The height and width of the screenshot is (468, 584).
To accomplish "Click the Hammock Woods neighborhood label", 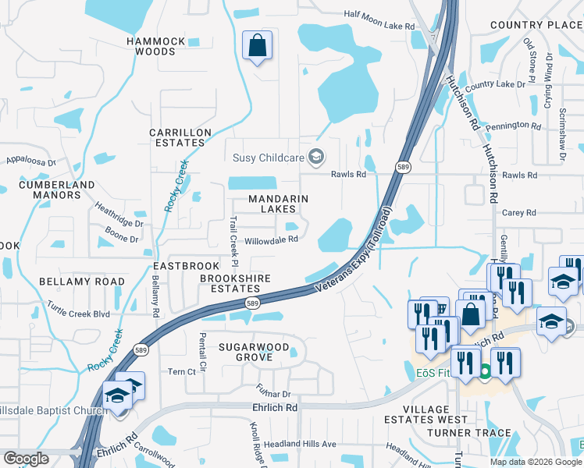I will pyautogui.click(x=156, y=46).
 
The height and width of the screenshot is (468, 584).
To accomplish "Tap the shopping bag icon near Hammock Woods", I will pyautogui.click(x=256, y=47).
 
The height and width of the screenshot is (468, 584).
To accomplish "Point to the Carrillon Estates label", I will pyautogui.click(x=180, y=138).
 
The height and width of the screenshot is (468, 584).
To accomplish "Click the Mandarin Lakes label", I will pyautogui.click(x=272, y=204).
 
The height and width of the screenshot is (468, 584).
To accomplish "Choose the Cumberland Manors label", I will pyautogui.click(x=63, y=190).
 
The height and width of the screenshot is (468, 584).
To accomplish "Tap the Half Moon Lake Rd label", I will pyautogui.click(x=379, y=27).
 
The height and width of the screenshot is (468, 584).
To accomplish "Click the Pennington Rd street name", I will pyautogui.click(x=513, y=126).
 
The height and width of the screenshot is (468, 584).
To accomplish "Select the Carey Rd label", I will pyautogui.click(x=519, y=212).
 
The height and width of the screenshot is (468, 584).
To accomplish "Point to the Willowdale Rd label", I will pyautogui.click(x=272, y=240).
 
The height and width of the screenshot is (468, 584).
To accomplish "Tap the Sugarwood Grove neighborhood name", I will pyautogui.click(x=254, y=352).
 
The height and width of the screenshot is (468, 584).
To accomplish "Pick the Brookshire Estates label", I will pyautogui.click(x=235, y=283).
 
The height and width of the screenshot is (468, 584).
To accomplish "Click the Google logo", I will pyautogui.click(x=27, y=459).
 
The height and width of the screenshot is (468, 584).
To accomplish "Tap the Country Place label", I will pyautogui.click(x=536, y=26).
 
